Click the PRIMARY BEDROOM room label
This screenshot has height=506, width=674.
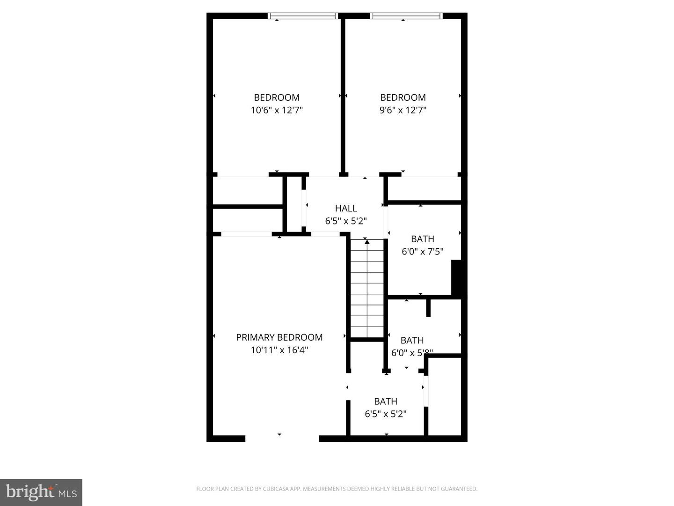[279, 337]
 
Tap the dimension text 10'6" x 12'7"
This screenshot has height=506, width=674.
[277, 111]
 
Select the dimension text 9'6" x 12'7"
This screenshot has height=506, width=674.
[403, 111]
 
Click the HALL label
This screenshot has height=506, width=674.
[346, 208]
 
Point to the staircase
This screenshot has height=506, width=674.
[367, 290]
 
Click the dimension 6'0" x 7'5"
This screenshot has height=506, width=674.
[422, 252]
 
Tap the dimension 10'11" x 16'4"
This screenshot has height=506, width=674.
[279, 350]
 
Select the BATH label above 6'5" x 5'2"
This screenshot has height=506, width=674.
[386, 402]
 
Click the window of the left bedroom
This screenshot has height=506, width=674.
[303, 16]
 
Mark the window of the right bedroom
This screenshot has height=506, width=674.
[406, 16]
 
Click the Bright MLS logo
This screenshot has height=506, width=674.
[41, 492]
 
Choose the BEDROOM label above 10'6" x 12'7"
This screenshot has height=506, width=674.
[277, 97]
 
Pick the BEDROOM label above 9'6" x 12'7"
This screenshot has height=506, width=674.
[403, 97]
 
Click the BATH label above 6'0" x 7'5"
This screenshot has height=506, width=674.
[422, 239]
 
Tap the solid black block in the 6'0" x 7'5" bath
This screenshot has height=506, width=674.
[457, 277]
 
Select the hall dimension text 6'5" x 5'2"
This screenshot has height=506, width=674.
[346, 221]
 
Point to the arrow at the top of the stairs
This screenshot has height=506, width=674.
[367, 242]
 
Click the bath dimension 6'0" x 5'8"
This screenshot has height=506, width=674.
[412, 353]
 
